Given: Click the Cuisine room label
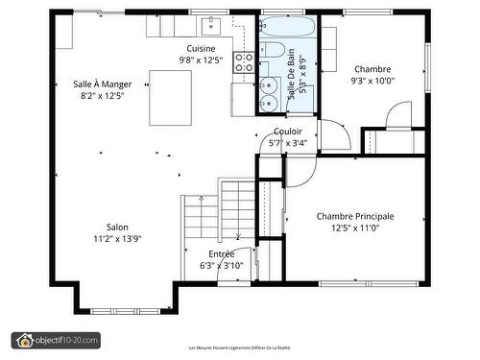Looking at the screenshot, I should pos(201,48).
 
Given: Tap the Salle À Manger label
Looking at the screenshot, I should pos(102,84).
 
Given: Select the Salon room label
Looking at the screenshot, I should pos(117,227).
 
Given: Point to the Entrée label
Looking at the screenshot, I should pos(221,253).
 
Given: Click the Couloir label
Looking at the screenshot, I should pos(288,132).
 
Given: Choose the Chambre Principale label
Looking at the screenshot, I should pos(355,216).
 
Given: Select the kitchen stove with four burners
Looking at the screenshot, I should pos(244,63).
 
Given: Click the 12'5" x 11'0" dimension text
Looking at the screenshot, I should pos(355,228).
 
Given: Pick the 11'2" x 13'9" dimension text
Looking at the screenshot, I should pos(117,238).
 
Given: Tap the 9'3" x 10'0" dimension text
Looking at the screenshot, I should pos(372,82).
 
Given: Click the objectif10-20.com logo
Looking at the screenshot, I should pos(56,339).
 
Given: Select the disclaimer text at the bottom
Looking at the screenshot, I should pos(239,347).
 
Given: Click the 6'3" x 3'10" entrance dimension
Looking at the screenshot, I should pos(221,265).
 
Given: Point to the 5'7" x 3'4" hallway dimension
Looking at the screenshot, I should pos(288,143).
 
